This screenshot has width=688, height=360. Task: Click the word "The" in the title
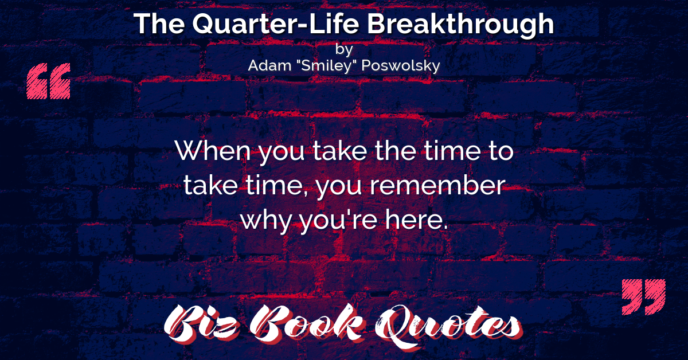159,24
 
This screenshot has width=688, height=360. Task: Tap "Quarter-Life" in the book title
276,24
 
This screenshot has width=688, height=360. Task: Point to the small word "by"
344,50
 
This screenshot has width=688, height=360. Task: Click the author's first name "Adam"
269,65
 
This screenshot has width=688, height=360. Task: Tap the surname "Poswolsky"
401,66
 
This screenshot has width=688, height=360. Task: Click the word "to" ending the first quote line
501,151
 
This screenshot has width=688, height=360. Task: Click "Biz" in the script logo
201,324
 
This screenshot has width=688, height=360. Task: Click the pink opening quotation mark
49,81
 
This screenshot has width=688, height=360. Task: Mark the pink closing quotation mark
644,297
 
